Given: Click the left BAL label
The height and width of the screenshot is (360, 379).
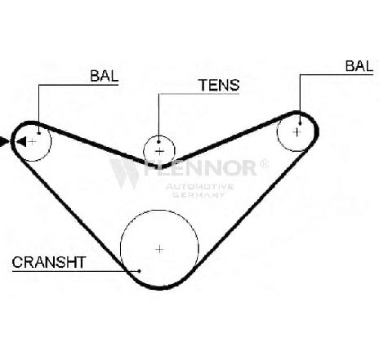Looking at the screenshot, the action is (105, 76).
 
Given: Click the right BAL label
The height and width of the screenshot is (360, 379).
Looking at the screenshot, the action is (359, 66).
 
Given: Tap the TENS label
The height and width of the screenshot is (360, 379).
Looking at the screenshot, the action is (219, 85).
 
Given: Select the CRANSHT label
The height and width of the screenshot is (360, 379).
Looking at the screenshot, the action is (49, 262).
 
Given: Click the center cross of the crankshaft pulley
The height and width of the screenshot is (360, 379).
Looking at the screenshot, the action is (159, 249).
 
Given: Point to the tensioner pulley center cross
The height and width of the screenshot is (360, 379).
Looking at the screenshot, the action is (159, 151).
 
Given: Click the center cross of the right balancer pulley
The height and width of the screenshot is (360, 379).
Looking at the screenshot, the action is (297, 132).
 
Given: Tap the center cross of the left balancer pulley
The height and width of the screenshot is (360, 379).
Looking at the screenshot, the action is (32, 141).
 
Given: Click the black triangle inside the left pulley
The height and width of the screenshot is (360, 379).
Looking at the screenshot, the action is (21, 142).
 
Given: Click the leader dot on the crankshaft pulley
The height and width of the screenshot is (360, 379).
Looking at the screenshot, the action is (140, 271).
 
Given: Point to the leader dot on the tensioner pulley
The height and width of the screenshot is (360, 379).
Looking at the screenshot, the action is (158, 142).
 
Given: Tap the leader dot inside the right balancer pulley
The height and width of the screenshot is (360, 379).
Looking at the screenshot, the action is (300, 123).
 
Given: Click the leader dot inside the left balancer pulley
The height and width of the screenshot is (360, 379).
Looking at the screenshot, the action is (39, 133).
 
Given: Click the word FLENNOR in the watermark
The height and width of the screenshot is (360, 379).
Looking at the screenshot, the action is (200, 167).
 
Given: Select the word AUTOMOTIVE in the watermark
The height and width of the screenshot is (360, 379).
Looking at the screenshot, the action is (199, 187).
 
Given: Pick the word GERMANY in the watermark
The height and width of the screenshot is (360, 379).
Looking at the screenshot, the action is (198, 195).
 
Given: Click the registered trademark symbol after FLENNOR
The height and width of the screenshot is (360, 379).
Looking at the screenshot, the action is (264, 163).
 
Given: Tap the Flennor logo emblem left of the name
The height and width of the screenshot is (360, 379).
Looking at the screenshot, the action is (125, 174).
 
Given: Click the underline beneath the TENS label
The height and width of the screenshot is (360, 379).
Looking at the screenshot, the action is (199, 94).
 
